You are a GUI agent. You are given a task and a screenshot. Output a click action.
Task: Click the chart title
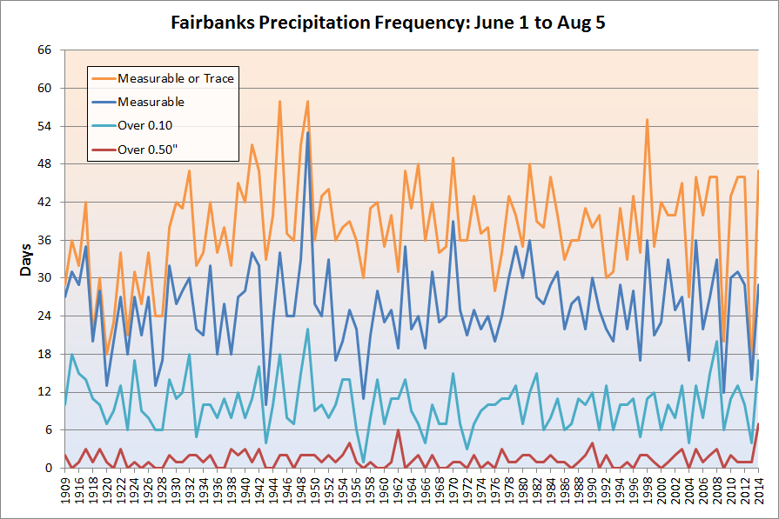pyautogui.click(x=389, y=23)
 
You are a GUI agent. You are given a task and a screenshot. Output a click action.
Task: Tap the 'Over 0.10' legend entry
pyautogui.click(x=147, y=125)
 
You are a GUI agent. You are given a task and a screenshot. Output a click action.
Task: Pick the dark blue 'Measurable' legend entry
pyautogui.click(x=151, y=102)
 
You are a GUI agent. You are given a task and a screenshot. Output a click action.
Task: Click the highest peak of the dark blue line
pyautogui.click(x=308, y=133)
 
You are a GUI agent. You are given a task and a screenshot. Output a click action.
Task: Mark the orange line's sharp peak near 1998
pyautogui.click(x=648, y=120)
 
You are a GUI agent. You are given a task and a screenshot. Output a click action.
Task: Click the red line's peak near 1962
pyautogui.click(x=398, y=430)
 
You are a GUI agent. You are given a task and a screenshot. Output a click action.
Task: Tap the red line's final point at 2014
pyautogui.click(x=758, y=424)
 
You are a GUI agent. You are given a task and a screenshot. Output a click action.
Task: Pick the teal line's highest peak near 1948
pyautogui.click(x=308, y=329)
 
